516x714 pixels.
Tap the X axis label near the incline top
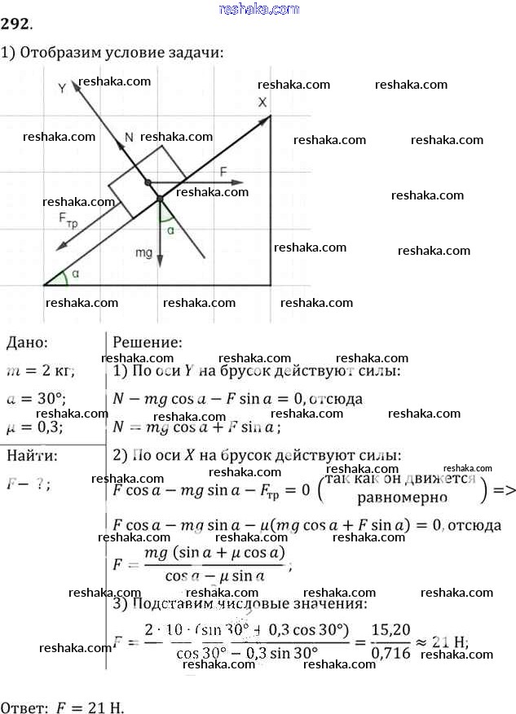262,103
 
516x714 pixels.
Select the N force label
127,138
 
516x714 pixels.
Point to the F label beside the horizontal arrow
223,170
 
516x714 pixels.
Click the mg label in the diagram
143,253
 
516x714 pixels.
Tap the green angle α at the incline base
76,274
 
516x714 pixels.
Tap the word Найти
31,454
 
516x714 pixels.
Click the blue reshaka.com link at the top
259,9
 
